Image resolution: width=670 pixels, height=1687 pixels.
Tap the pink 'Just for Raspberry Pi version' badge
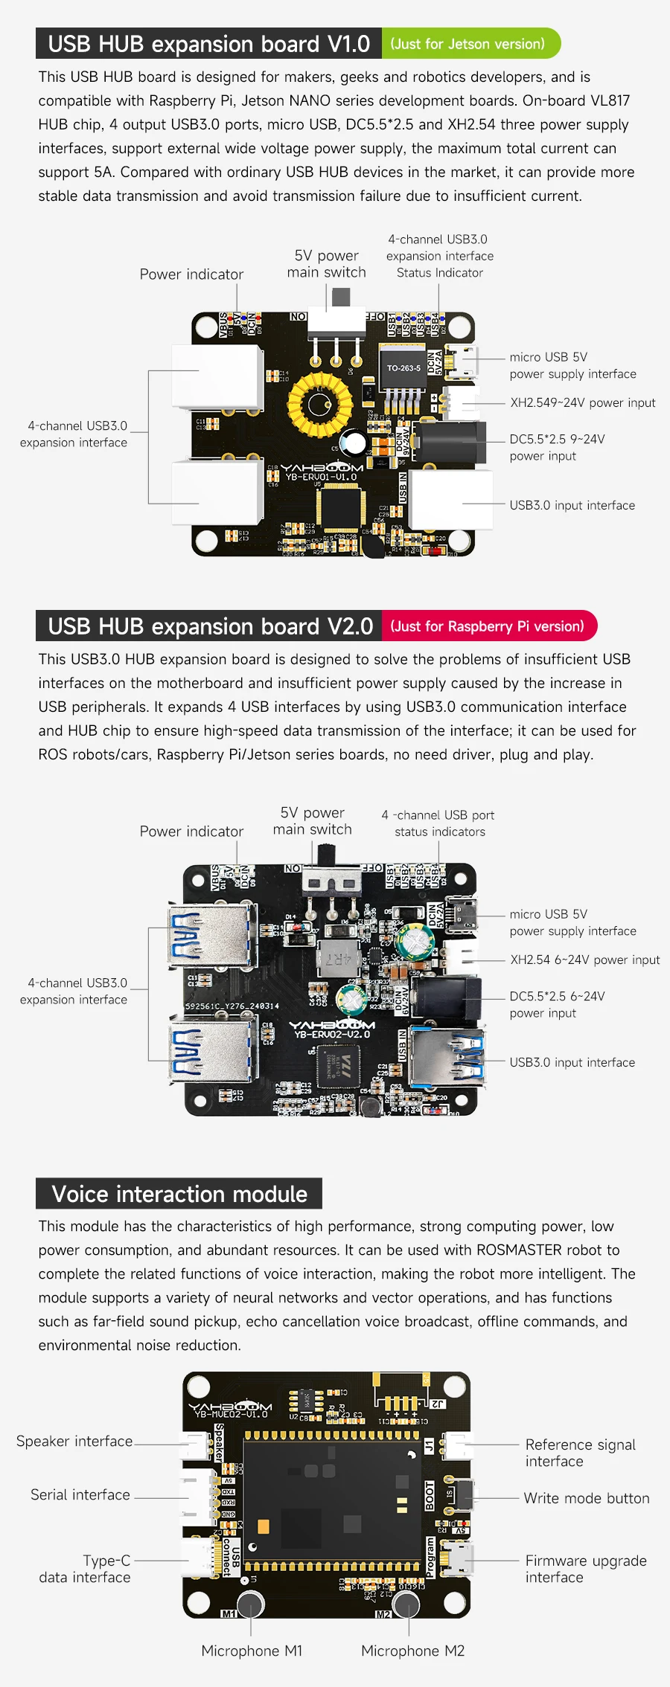point(488,626)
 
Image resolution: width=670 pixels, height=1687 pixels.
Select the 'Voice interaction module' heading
point(179,1194)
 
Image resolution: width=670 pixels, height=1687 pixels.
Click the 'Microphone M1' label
point(252,1651)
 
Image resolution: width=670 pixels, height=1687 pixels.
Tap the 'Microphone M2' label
point(412,1651)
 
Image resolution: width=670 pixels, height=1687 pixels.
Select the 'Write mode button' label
point(586,1498)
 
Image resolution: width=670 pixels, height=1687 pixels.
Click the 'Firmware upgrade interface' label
point(585,1569)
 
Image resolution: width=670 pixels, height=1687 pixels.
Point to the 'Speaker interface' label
point(74,1441)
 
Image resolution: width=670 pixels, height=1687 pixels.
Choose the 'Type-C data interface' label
point(85,1569)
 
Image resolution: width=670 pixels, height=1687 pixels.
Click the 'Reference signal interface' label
point(580,1453)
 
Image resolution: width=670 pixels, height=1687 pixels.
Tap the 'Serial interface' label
point(80,1494)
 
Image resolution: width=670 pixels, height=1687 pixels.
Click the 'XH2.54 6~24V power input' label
point(584,960)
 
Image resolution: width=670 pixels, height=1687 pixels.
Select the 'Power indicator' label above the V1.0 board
point(191,274)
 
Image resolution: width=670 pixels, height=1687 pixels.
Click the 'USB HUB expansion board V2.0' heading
point(210,626)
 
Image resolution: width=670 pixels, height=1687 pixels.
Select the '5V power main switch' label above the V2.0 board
point(313,821)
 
